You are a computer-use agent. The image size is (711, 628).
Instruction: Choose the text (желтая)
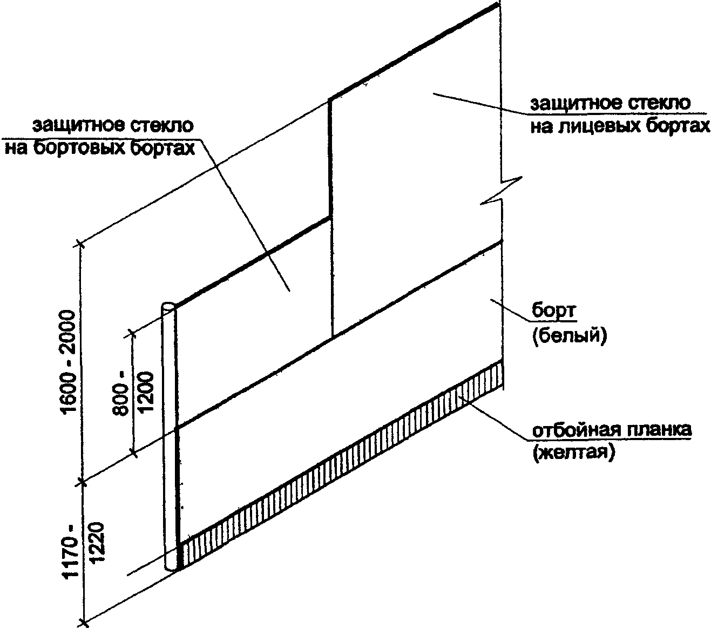573,453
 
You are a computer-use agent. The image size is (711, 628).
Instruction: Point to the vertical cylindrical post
170,432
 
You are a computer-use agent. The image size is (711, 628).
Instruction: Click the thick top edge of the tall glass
413,51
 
